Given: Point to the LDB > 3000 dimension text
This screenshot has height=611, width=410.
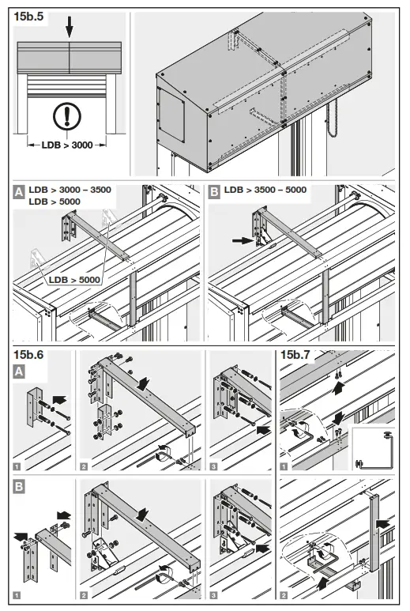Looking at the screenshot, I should [x=67, y=145].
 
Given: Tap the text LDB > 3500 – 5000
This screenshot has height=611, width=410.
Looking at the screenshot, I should [x=264, y=190].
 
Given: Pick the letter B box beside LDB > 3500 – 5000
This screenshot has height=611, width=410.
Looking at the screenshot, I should [x=215, y=190].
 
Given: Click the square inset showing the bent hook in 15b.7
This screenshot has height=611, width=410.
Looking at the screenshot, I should [x=371, y=448].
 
